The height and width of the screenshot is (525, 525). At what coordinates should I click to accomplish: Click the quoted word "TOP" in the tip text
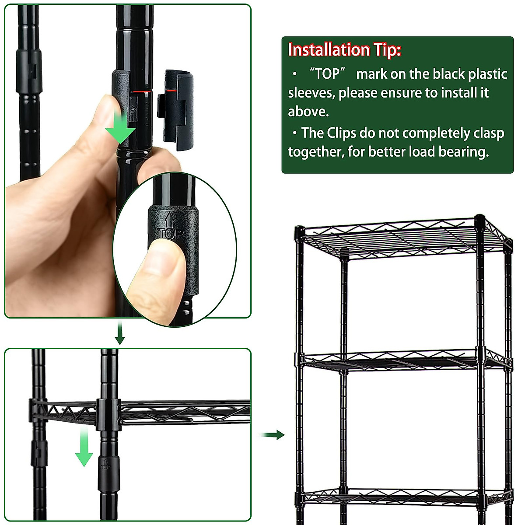point(327,74)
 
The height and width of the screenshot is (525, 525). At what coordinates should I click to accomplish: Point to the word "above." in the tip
point(308,112)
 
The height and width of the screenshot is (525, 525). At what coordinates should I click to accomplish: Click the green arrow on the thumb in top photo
point(123,127)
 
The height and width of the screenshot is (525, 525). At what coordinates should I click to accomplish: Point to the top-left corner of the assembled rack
point(300,231)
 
